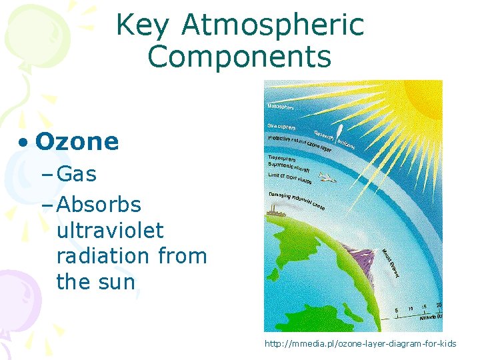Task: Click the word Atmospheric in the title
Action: pyautogui.click(x=273, y=25)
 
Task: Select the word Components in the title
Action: pyautogui.click(x=239, y=57)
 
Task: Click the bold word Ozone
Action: pyautogui.click(x=77, y=141)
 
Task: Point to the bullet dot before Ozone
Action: pyautogui.click(x=23, y=143)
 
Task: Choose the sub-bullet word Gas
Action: pyautogui.click(x=77, y=175)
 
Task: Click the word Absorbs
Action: pyautogui.click(x=99, y=204)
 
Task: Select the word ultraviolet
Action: pyautogui.click(x=110, y=231)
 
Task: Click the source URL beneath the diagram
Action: pyautogui.click(x=361, y=343)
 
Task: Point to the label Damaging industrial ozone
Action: pyautogui.click(x=296, y=200)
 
